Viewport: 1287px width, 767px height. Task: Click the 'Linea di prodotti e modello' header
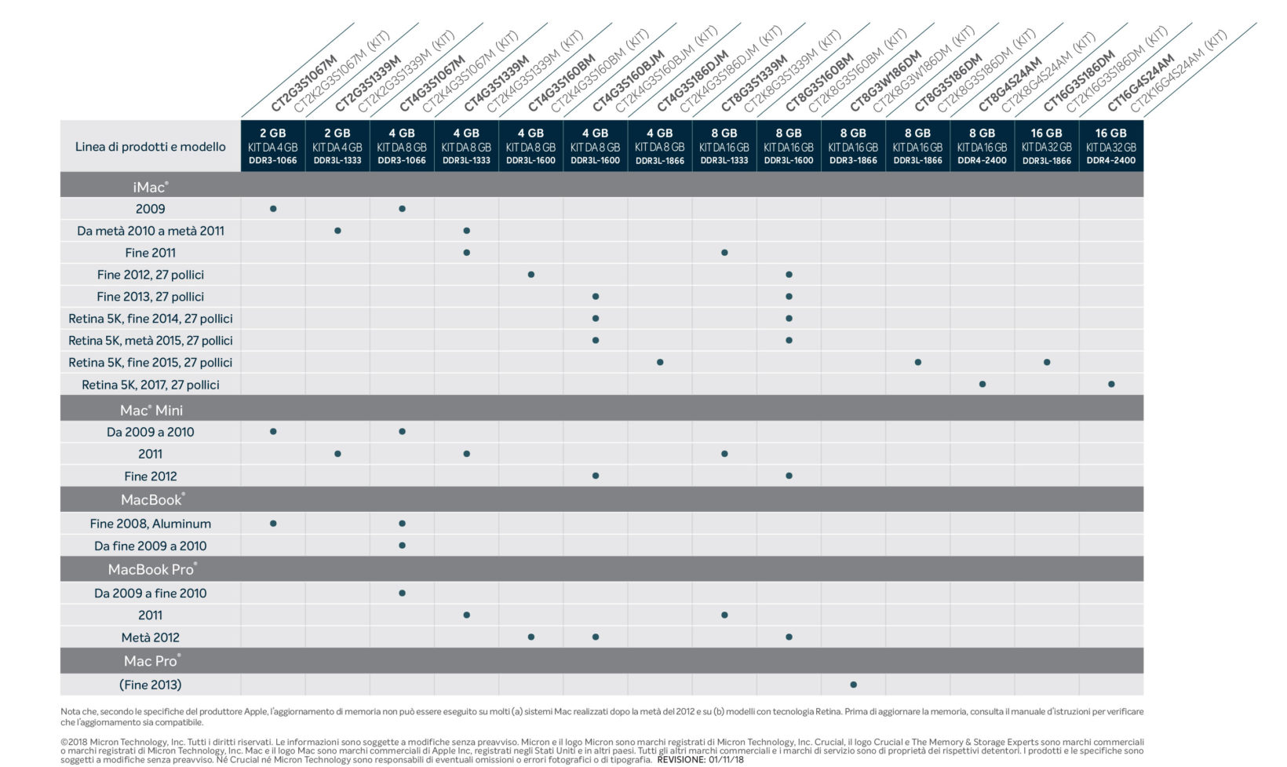[x=150, y=147]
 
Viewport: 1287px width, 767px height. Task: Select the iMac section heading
[x=150, y=187]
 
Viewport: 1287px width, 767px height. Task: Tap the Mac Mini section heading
[x=151, y=410]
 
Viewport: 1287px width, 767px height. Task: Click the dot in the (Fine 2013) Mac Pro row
[x=853, y=685]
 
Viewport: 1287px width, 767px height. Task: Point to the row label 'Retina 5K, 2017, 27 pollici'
[x=150, y=385]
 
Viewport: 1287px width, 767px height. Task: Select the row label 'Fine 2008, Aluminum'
[x=150, y=524]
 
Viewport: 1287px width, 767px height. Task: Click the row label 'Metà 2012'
[x=150, y=637]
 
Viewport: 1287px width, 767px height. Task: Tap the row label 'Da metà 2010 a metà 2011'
[x=150, y=231]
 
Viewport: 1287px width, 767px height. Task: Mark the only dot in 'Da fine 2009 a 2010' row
[x=402, y=546]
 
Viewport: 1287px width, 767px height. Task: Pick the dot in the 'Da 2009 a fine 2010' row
[x=402, y=594]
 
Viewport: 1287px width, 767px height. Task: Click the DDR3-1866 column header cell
[x=853, y=146]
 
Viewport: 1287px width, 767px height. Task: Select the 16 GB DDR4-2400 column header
[x=1110, y=146]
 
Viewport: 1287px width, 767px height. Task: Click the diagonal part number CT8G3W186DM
[x=885, y=82]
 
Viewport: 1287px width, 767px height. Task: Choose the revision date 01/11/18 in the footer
[x=725, y=760]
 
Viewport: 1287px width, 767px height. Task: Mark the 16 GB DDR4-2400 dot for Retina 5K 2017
[x=1111, y=385]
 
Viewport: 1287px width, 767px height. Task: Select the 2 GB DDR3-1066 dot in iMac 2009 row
[x=273, y=209]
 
